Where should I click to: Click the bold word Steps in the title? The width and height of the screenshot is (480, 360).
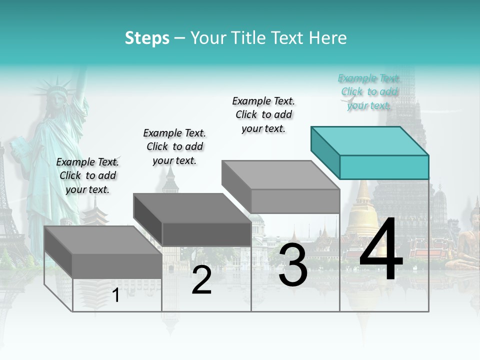[x=147, y=38]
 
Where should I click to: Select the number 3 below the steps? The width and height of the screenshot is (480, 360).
[x=293, y=265]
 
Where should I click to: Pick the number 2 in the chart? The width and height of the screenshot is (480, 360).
[x=201, y=280]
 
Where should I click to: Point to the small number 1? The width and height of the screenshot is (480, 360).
[x=116, y=295]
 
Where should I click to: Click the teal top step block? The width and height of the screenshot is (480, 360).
[x=370, y=152]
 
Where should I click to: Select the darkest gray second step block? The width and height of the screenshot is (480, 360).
[x=192, y=220]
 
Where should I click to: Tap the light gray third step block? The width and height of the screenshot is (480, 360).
[x=281, y=187]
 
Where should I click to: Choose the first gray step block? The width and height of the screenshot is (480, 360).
[x=103, y=252]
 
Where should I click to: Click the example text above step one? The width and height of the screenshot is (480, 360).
[x=87, y=175]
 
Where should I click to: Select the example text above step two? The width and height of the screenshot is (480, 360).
[x=174, y=146]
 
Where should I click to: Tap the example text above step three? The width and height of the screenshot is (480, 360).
[x=263, y=114]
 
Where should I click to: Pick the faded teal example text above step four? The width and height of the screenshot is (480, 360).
[x=368, y=91]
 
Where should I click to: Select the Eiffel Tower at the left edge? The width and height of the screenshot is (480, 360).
[x=6, y=210]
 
